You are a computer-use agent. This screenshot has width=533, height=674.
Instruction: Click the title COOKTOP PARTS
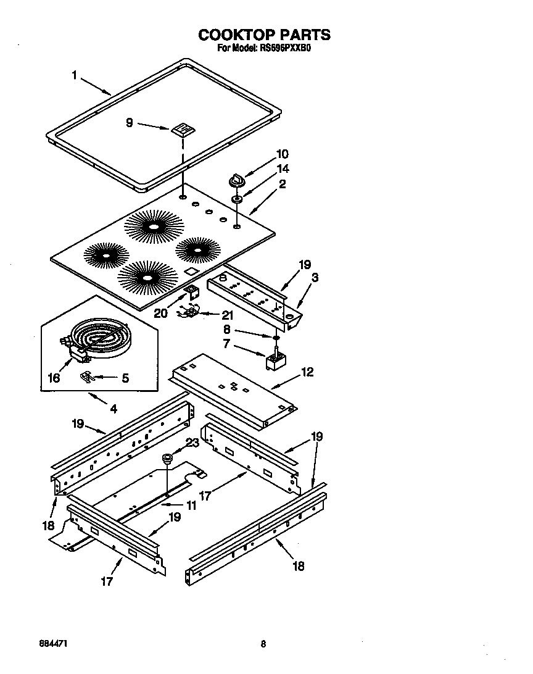point(264,35)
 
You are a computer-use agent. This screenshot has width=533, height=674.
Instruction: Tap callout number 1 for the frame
point(74,75)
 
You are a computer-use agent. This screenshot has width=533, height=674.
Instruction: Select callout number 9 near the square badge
point(129,123)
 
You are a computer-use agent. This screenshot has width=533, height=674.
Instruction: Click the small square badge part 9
point(181,129)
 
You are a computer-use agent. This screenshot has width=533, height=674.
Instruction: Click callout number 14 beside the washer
point(283,168)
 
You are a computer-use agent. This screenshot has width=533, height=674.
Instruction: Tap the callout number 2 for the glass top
point(282,184)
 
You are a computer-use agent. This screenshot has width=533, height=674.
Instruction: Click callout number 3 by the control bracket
point(315,278)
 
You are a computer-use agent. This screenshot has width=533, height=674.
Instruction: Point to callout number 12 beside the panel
point(307,372)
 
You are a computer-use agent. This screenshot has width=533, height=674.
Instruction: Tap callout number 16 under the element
point(54,378)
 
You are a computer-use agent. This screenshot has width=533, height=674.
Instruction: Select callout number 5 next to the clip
point(125,378)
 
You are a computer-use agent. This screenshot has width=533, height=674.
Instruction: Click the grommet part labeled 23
point(167,458)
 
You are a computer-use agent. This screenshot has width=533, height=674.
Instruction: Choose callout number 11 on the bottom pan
point(191,505)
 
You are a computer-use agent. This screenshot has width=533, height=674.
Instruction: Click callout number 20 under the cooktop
point(160,313)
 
